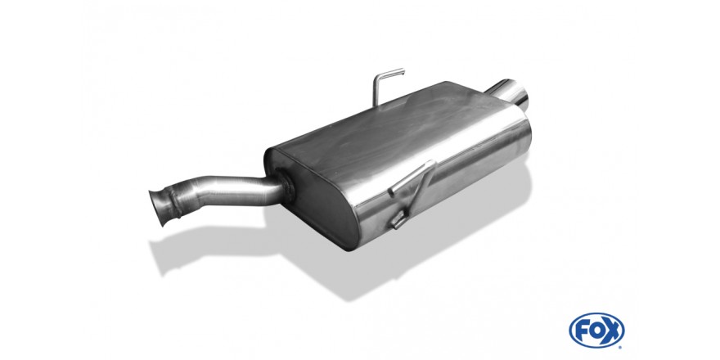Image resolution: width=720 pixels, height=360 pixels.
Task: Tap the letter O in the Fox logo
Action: tap(596, 331)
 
